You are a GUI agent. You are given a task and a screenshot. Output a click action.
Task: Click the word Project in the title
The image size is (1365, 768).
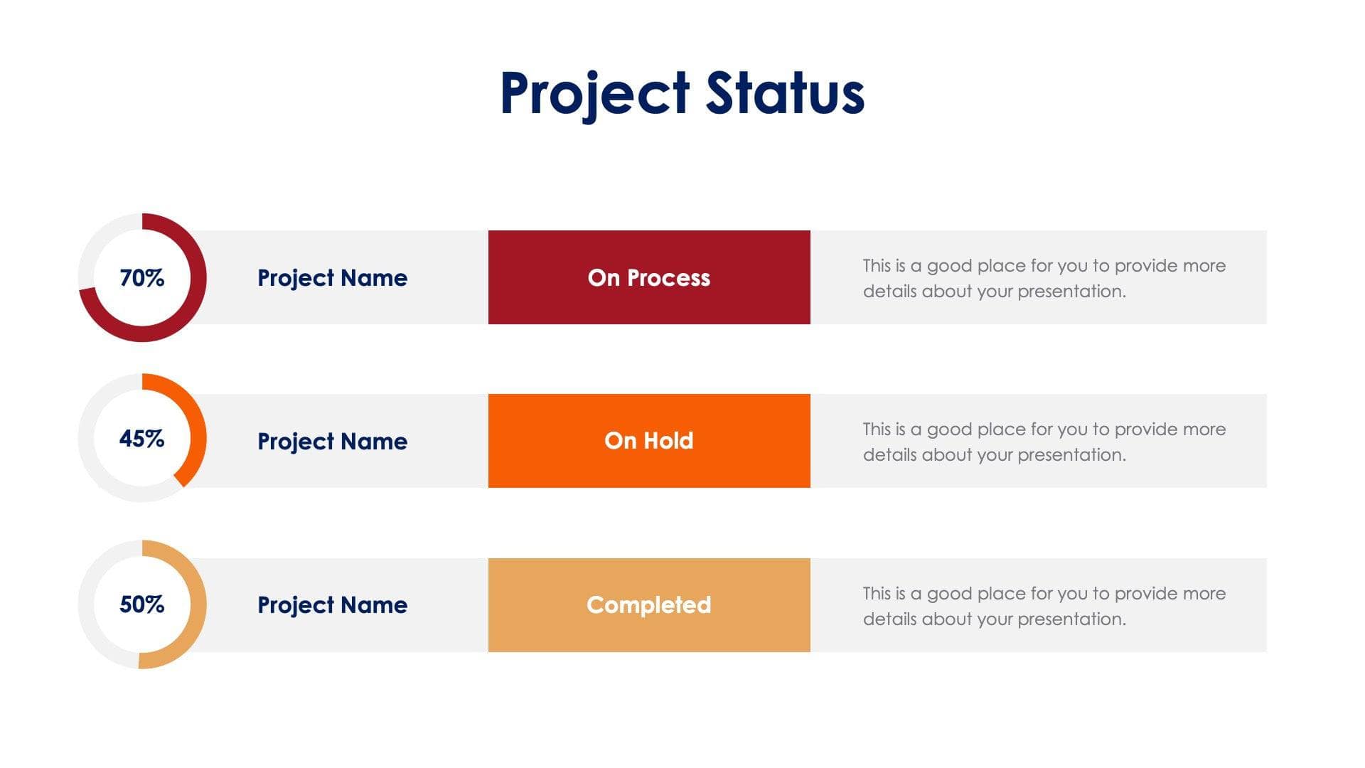point(594,93)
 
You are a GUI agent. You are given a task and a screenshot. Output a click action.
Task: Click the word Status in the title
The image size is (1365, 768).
point(785,93)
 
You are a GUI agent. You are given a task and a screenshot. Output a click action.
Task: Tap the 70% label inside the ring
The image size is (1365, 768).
point(142,277)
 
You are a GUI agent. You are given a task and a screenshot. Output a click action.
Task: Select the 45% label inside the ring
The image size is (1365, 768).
point(142,438)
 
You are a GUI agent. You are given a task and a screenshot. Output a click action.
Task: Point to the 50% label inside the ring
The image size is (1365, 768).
point(142,604)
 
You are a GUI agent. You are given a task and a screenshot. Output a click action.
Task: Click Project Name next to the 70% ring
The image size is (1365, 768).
point(332,277)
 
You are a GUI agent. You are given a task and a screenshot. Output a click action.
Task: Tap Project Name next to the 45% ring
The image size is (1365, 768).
point(332,441)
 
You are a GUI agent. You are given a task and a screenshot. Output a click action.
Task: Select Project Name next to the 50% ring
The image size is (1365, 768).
point(332,604)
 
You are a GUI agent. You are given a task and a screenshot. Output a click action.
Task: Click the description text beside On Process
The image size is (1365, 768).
point(1044,278)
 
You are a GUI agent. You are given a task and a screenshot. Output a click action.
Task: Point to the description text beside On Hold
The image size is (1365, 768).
point(1044,442)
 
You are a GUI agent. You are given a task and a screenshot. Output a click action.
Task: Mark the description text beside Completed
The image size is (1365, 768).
point(1044,606)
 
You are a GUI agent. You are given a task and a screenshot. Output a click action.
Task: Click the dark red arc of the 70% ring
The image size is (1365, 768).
point(198,277)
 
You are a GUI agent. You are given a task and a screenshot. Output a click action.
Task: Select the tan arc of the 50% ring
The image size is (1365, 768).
point(198,604)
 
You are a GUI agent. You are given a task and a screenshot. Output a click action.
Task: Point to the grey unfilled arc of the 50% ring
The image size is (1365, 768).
point(87,604)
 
